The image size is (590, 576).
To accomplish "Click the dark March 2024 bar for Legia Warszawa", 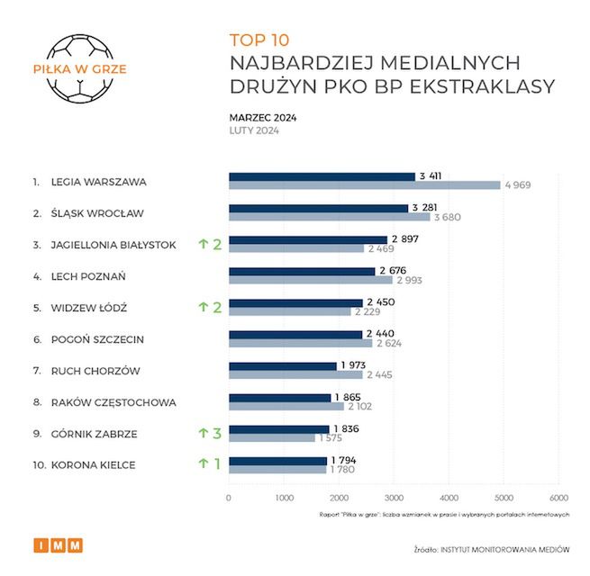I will pyautogui.click(x=322, y=176).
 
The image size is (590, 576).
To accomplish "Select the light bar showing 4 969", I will pyautogui.click(x=364, y=185).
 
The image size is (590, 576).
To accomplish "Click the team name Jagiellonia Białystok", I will pyautogui.click(x=113, y=245).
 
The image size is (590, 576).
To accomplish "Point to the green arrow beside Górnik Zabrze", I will pyautogui.click(x=204, y=433).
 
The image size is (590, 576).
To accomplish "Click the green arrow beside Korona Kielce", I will pyautogui.click(x=204, y=464).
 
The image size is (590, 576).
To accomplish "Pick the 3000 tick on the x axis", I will pyautogui.click(x=394, y=498).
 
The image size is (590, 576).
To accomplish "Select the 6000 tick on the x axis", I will pyautogui.click(x=558, y=498).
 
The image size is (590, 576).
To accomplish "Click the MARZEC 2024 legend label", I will pyautogui.click(x=263, y=117).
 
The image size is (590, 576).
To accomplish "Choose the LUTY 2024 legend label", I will pyautogui.click(x=254, y=130).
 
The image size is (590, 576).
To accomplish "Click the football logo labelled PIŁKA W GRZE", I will pyautogui.click(x=79, y=67).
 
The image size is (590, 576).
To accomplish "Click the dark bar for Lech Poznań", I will pyautogui.click(x=302, y=271).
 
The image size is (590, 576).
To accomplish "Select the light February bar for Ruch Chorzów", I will pyautogui.click(x=295, y=374).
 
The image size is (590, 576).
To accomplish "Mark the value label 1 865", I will pyautogui.click(x=349, y=397).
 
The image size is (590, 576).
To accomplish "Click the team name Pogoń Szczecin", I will pyautogui.click(x=98, y=339).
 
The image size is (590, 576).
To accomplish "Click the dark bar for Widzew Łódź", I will pyautogui.click(x=295, y=302).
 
